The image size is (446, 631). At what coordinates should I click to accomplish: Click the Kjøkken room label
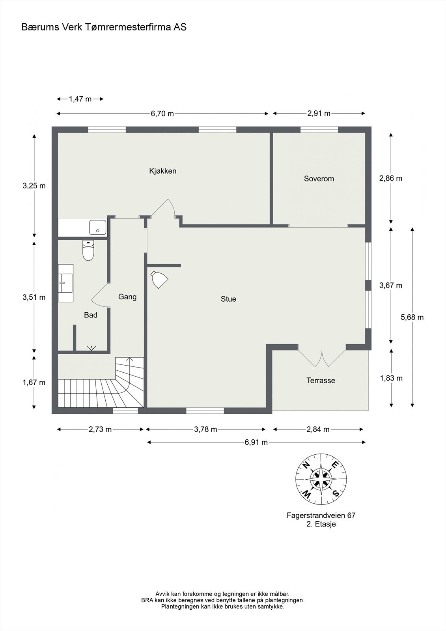pyautogui.click(x=162, y=171)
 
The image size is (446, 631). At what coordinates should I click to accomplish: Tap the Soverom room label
pyautogui.click(x=319, y=179)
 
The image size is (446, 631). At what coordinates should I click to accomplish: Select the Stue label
pyautogui.click(x=228, y=299)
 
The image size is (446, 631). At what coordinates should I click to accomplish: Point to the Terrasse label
pyautogui.click(x=321, y=381)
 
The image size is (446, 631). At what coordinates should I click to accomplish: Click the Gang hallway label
pyautogui.click(x=127, y=297)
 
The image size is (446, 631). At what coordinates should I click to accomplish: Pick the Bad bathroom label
pyautogui.click(x=90, y=315)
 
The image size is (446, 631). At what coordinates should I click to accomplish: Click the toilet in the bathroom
pyautogui.click(x=88, y=250)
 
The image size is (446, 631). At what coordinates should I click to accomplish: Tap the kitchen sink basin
pyautogui.click(x=98, y=228)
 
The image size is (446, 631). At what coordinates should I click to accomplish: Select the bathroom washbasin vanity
pyautogui.click(x=65, y=283)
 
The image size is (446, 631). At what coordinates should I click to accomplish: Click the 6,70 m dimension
pyautogui.click(x=162, y=114)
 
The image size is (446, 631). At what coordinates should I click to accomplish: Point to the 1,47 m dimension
pyautogui.click(x=80, y=99)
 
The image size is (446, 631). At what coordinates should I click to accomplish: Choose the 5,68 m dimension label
pyautogui.click(x=412, y=317)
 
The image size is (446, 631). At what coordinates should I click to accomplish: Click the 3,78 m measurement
pyautogui.click(x=205, y=429)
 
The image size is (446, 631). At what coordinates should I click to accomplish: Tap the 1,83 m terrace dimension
pyautogui.click(x=391, y=378)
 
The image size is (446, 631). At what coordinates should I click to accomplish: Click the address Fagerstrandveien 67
pyautogui.click(x=321, y=515)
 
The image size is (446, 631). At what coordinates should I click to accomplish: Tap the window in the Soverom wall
pyautogui.click(x=319, y=130)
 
